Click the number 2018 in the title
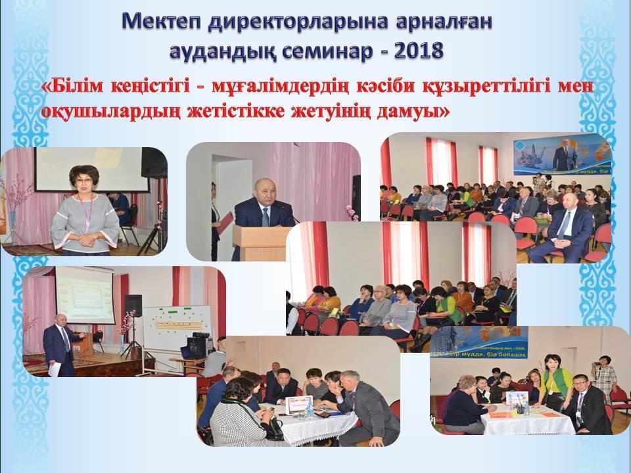(417, 50)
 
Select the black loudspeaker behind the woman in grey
(154, 162)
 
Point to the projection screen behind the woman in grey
(85, 168)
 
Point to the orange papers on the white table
(506, 414)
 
